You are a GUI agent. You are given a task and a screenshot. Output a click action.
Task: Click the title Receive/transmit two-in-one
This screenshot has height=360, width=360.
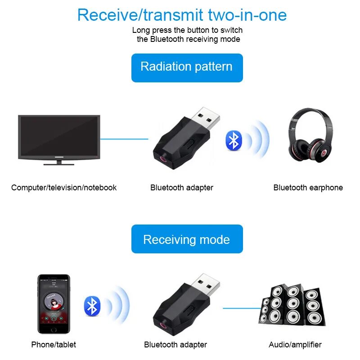point(182,15)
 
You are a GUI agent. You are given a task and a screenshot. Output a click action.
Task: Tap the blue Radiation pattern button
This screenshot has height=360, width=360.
point(187,67)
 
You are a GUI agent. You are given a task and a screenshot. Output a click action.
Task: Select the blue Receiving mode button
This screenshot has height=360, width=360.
point(187,239)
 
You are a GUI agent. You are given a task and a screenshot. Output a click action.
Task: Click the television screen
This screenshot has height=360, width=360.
point(59,136)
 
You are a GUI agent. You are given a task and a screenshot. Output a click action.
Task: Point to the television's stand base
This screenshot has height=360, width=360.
point(59,163)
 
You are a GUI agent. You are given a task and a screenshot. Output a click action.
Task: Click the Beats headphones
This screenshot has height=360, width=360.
point(310,138)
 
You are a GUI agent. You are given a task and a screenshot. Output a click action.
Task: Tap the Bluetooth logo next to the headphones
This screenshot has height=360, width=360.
point(234,140)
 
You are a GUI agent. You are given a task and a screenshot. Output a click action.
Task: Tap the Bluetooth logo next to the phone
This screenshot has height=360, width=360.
point(92,306)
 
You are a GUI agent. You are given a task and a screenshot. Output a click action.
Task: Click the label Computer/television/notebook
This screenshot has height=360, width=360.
point(64,188)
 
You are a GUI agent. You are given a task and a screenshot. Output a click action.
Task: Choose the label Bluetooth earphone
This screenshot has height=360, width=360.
point(308,188)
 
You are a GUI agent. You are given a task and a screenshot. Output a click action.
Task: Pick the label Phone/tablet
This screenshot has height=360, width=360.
point(54,345)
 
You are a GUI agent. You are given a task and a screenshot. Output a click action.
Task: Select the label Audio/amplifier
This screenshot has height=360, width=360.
point(295,345)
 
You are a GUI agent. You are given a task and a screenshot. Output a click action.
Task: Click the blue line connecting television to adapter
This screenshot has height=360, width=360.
point(124,139)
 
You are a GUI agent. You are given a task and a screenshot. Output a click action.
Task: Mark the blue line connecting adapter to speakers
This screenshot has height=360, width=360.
point(242,308)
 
